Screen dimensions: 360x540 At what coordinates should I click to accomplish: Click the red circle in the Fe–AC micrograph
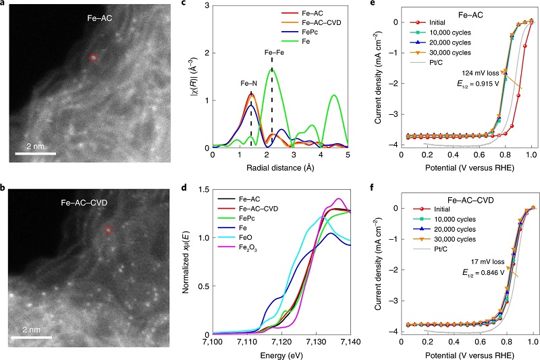pyautogui.click(x=94, y=58)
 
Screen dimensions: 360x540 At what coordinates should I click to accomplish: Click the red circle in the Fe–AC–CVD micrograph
pyautogui.click(x=109, y=230)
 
